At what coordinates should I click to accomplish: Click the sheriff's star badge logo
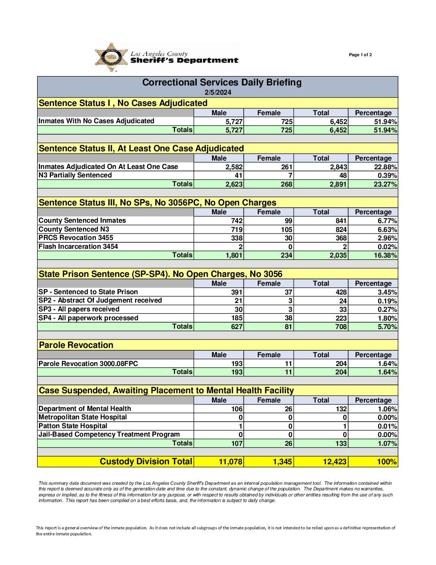click(x=111, y=57)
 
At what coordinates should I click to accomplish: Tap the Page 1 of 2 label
click(x=360, y=55)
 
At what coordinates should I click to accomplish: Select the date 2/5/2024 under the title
click(x=218, y=92)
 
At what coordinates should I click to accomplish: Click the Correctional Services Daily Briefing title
click(x=222, y=83)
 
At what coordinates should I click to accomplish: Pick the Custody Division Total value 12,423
click(x=335, y=462)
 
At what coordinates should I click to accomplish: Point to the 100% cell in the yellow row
click(x=387, y=462)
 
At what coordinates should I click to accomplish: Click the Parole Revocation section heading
click(x=76, y=345)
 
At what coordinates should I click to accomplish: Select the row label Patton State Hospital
click(x=73, y=426)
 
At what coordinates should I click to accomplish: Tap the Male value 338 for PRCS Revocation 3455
click(x=237, y=238)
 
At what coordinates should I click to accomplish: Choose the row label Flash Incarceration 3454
click(x=78, y=246)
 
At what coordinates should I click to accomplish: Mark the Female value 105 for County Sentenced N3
click(x=287, y=230)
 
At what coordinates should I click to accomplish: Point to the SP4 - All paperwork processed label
click(x=88, y=318)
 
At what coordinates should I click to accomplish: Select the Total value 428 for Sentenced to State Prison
click(x=341, y=292)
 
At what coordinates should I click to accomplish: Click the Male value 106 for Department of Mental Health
click(x=237, y=409)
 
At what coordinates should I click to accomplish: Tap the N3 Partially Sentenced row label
click(x=75, y=175)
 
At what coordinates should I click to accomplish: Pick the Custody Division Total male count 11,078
click(x=230, y=462)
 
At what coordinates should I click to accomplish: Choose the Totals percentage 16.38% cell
click(x=385, y=255)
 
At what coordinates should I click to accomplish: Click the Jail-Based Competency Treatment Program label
click(x=109, y=434)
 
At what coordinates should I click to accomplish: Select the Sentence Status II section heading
click(x=141, y=148)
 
